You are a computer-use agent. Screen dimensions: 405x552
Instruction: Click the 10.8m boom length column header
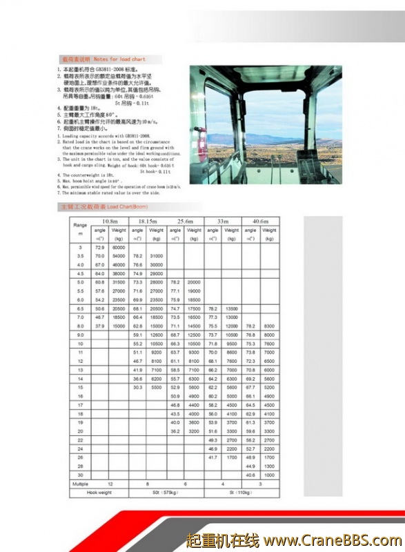click(110, 220)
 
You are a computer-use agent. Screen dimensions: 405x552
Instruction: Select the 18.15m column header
click(148, 220)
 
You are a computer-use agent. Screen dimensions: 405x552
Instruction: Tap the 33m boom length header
click(222, 220)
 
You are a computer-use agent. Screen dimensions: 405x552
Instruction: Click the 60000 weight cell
click(119, 247)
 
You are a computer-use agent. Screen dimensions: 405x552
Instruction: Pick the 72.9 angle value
click(100, 247)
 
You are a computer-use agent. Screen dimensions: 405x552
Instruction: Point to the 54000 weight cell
click(119, 256)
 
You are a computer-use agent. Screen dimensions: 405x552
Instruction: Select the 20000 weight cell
click(194, 282)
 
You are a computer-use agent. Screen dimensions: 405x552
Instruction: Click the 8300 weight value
click(269, 326)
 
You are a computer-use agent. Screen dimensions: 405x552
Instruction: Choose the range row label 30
click(80, 475)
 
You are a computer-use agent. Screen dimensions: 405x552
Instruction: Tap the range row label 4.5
click(80, 273)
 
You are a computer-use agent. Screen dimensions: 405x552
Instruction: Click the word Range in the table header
click(80, 226)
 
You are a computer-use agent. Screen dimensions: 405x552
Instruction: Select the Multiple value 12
click(110, 484)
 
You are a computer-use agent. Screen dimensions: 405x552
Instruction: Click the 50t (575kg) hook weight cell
click(166, 492)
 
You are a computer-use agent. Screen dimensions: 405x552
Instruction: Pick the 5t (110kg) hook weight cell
click(241, 492)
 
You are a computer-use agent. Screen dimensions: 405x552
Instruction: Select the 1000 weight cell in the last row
click(269, 475)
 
